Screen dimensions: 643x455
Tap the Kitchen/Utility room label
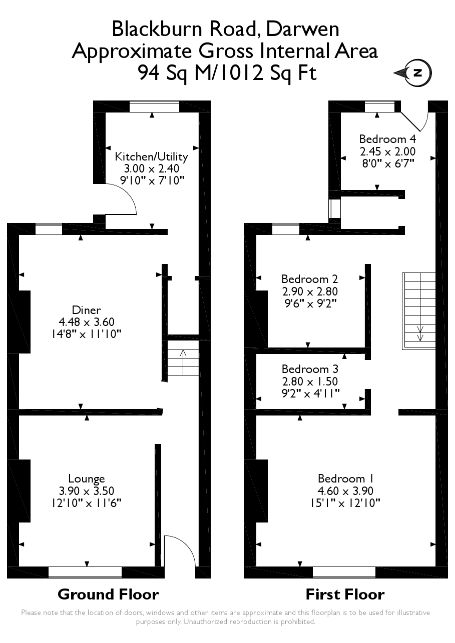point(151,156)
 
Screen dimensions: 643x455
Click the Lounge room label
point(87,478)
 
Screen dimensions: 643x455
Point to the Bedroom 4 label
point(387,138)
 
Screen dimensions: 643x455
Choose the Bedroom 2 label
point(309,278)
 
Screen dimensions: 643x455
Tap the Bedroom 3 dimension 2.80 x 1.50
point(310,381)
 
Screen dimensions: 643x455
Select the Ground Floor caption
point(108,594)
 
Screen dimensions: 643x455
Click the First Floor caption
point(345,594)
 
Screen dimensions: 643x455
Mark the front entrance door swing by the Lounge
point(179,550)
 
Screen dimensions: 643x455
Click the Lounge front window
point(85,572)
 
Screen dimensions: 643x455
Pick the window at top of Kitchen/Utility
point(154,106)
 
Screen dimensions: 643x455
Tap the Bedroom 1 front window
point(344,572)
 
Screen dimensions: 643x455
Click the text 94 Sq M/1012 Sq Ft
point(227,73)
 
